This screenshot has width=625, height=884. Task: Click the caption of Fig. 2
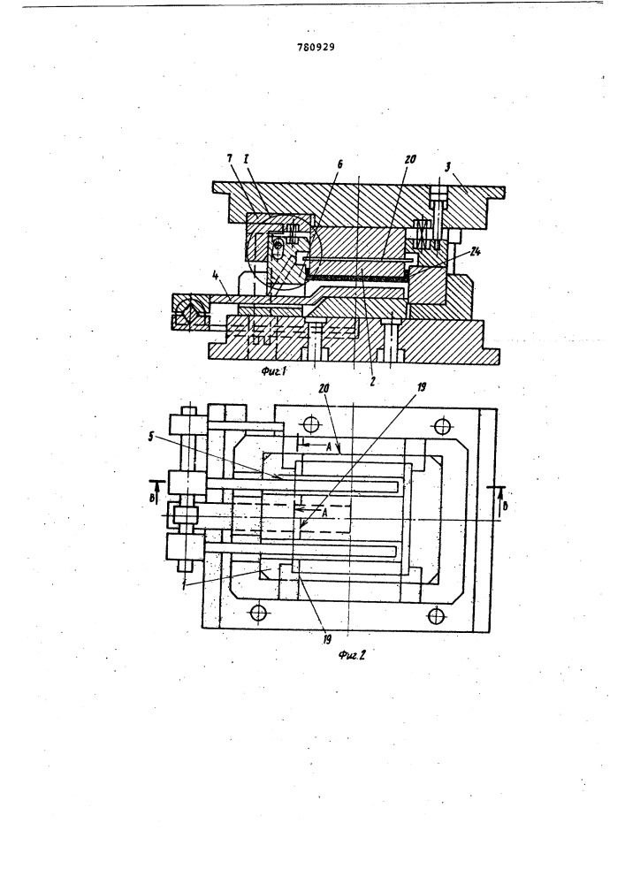point(353,654)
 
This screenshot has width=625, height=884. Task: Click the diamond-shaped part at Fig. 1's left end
point(187,312)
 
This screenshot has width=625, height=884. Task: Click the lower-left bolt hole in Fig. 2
point(257,611)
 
